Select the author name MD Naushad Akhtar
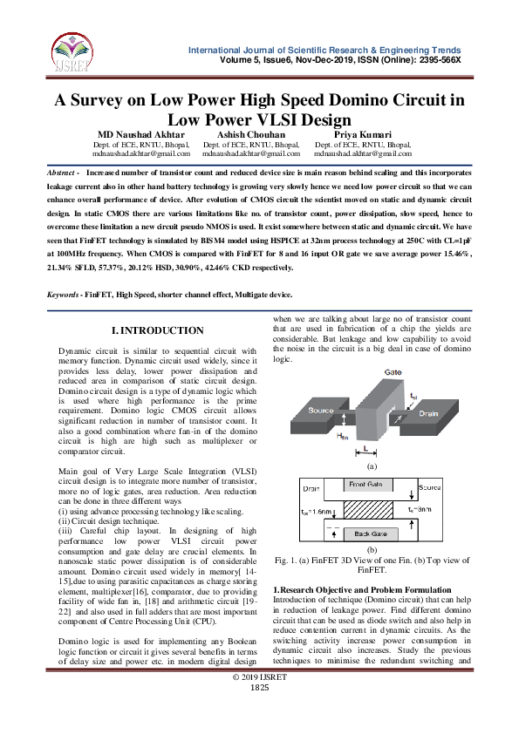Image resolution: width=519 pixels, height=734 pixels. click(140, 134)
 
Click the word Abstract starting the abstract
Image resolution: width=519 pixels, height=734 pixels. click(60, 174)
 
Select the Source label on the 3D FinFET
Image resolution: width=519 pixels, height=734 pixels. click(322, 410)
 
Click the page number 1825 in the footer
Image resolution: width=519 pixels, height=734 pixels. click(260, 712)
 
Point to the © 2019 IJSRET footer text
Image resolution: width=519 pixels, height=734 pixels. click(260, 702)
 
